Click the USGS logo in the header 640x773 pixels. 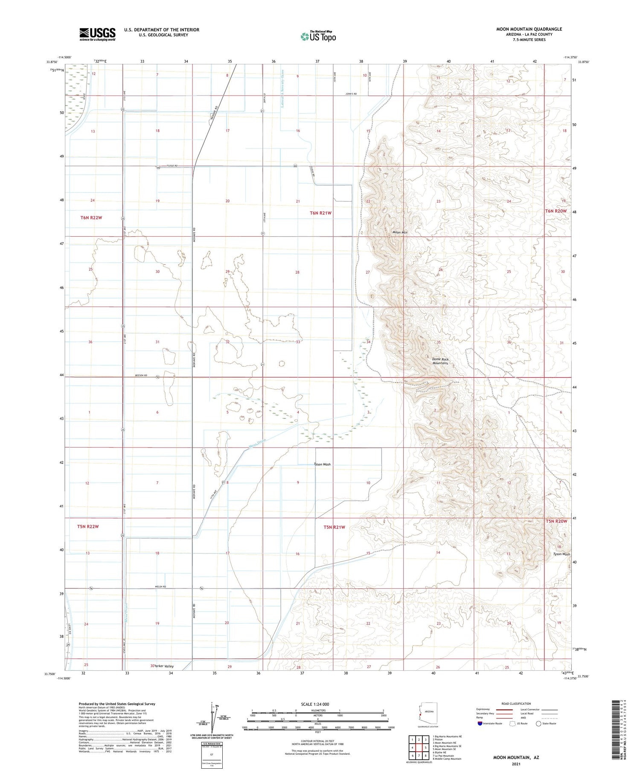point(97,34)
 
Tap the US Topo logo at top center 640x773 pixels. point(318,37)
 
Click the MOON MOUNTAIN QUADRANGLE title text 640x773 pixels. point(529,29)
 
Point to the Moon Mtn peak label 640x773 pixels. point(400,232)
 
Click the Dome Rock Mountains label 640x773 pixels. point(440,361)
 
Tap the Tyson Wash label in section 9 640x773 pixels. point(322,464)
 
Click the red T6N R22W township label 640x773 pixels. point(91,218)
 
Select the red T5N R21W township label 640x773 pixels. point(334,527)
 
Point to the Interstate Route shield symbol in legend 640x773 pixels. point(480,724)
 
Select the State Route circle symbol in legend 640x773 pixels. point(538,724)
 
